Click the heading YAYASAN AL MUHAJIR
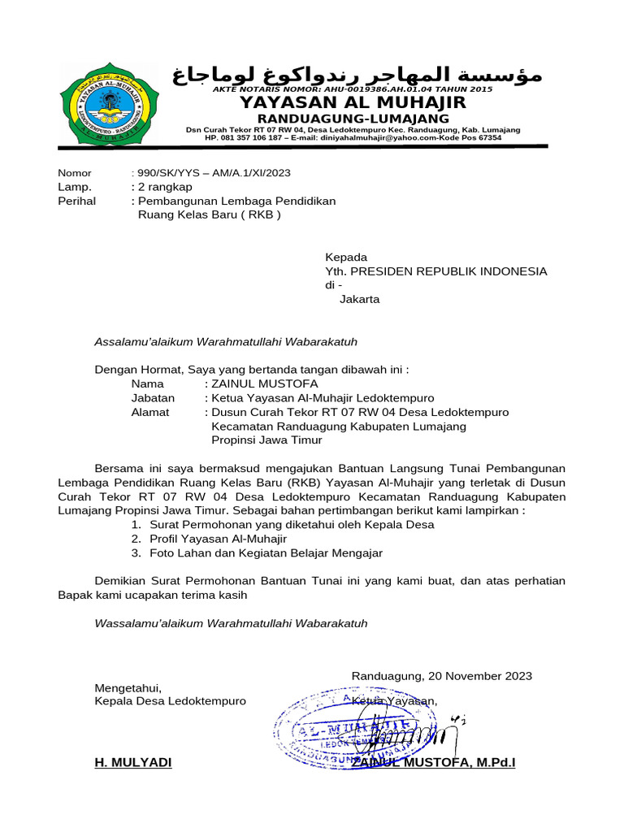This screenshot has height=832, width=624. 352,102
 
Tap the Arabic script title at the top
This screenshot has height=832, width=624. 357,76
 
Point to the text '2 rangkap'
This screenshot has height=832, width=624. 165,187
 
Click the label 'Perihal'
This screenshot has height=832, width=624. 76,201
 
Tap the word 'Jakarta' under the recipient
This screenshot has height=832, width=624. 359,299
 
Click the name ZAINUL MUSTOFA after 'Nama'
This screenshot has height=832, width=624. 265,383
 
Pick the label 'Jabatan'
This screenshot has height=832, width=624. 153,398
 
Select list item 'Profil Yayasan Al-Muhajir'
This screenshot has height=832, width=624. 218,539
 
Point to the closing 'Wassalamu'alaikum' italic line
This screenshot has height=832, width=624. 231,623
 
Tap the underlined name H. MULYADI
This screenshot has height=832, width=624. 133,763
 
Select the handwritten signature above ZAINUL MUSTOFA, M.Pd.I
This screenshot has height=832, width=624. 410,733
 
